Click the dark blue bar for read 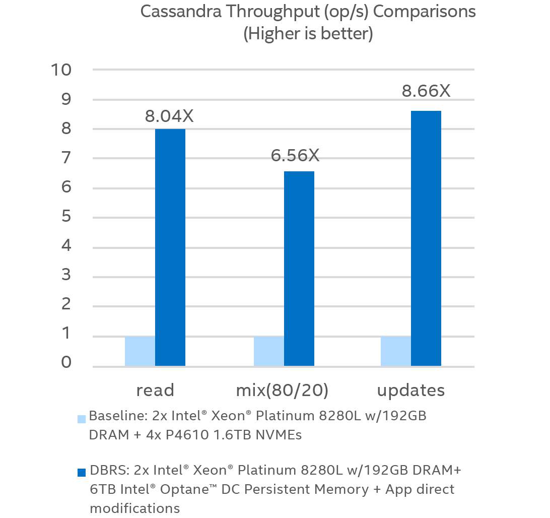click(x=170, y=247)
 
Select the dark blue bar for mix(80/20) click(x=299, y=268)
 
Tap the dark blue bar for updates click(x=426, y=238)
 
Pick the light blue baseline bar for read click(x=140, y=351)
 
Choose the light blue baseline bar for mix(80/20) click(x=269, y=351)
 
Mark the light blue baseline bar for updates click(x=396, y=351)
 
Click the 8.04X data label click(x=169, y=116)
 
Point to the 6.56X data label click(x=295, y=156)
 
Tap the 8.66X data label click(x=426, y=91)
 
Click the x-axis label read click(x=155, y=390)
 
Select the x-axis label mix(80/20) click(x=282, y=390)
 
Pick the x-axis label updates click(x=411, y=390)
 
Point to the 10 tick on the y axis click(x=61, y=70)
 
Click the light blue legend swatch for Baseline click(x=82, y=418)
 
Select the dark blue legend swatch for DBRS click(x=82, y=472)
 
